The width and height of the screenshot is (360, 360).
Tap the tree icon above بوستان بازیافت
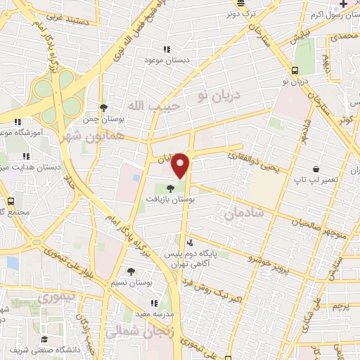tap(169, 188)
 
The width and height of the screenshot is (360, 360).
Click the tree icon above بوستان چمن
tap(103, 107)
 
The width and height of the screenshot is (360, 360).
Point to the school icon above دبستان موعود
tap(167, 49)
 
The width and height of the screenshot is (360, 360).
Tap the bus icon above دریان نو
tap(295, 70)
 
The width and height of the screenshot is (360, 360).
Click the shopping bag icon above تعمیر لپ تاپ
tap(316, 169)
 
